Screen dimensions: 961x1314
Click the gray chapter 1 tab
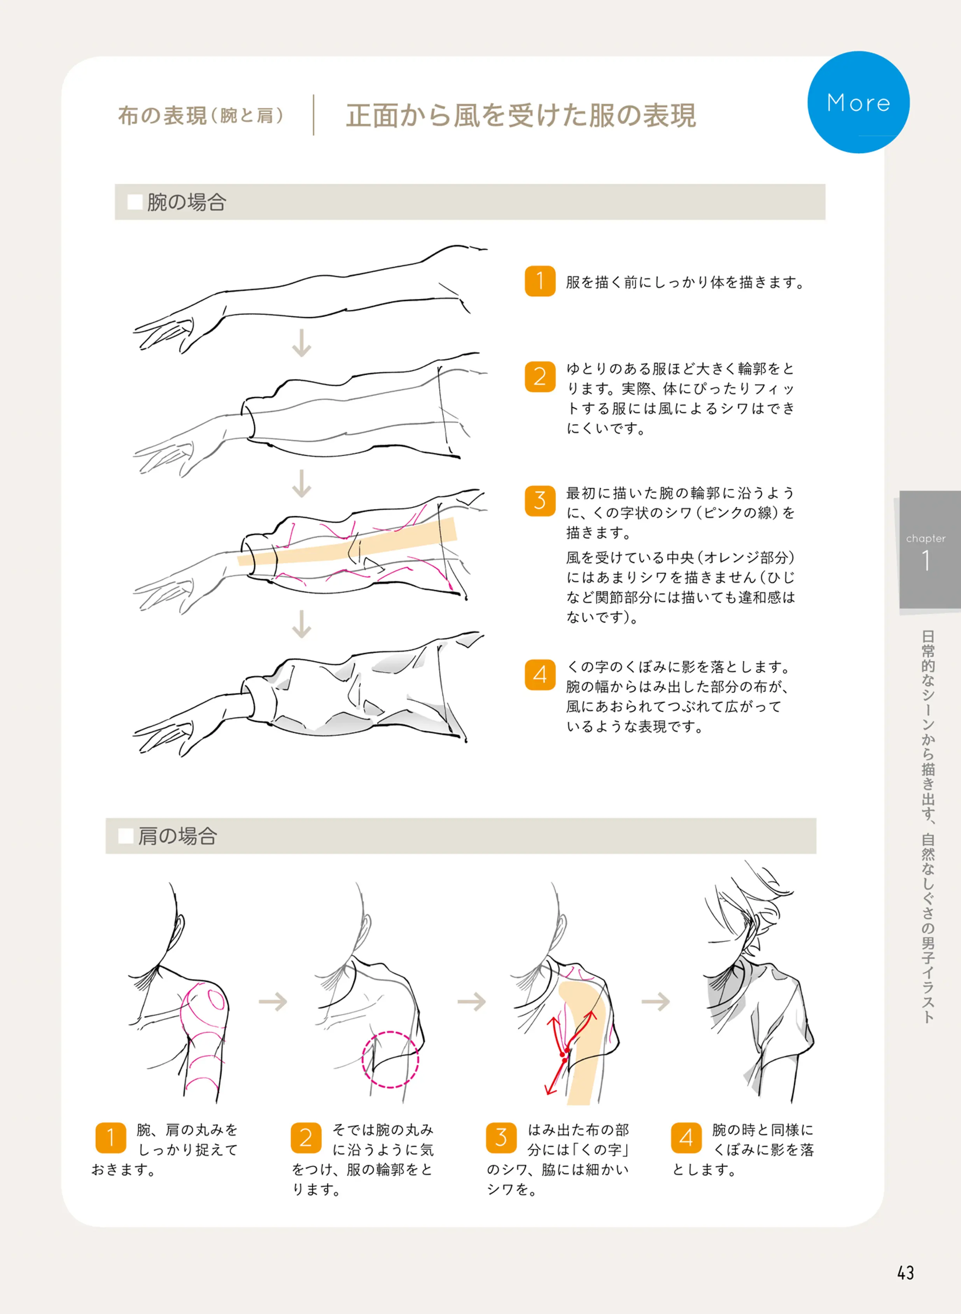[x=929, y=550]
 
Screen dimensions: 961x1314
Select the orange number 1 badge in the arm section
[x=540, y=282]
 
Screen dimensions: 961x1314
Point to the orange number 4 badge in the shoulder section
[x=686, y=1138]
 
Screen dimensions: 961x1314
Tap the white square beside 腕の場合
[x=135, y=202]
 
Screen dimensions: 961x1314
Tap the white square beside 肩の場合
[x=126, y=836]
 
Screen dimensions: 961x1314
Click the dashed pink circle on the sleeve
[x=390, y=1059]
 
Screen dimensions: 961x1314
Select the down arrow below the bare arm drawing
[x=301, y=343]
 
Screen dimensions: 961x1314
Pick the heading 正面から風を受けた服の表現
[x=521, y=115]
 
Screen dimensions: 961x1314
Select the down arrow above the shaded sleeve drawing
[x=301, y=624]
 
